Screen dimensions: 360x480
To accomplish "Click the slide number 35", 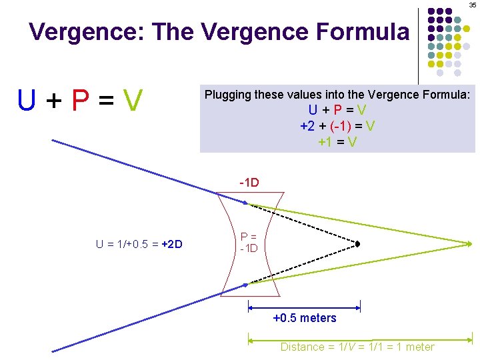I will pyautogui.click(x=473, y=5).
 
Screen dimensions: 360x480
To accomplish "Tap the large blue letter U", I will pyautogui.click(x=27, y=101).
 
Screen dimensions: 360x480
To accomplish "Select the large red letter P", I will pyautogui.click(x=81, y=101).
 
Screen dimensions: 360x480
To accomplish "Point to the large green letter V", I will pyautogui.click(x=133, y=101).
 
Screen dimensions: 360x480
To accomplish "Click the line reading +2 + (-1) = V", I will pyautogui.click(x=337, y=125).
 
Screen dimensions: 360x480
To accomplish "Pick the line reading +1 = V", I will pyautogui.click(x=337, y=141).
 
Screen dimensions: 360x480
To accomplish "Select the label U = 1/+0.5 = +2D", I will pyautogui.click(x=139, y=244).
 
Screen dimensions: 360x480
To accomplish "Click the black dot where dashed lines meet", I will pyautogui.click(x=358, y=244).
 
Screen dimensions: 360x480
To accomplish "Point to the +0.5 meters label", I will pyautogui.click(x=305, y=318).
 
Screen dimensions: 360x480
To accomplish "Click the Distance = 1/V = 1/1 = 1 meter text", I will pyautogui.click(x=357, y=347).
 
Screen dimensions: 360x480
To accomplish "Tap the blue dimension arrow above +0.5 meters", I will pyautogui.click(x=304, y=307).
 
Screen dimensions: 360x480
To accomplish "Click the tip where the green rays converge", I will pyautogui.click(x=472, y=244).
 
